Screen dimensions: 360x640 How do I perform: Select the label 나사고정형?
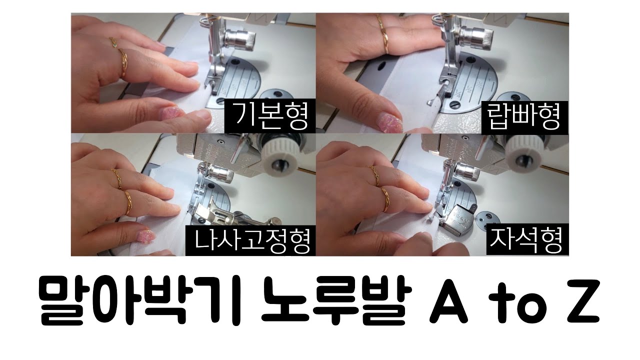coord(250,240)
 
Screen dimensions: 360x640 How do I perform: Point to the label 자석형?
coord(526,240)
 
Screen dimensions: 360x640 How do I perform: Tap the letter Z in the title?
coord(581,304)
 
